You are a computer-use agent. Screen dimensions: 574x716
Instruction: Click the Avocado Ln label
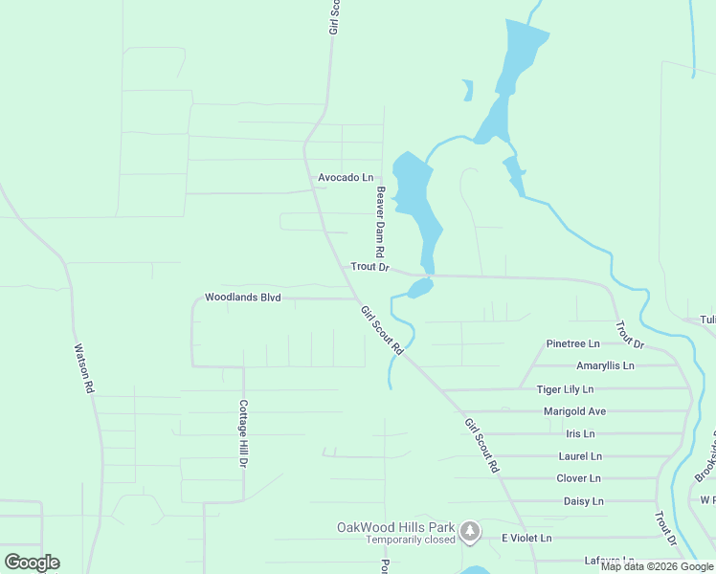346,178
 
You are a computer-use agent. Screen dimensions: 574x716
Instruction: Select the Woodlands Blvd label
242,298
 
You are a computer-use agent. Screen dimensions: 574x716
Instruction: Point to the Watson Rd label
83,369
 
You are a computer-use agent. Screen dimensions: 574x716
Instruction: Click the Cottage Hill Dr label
243,433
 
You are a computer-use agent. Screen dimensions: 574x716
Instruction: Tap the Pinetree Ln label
572,343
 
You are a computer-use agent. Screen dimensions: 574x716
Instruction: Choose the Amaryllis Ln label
605,366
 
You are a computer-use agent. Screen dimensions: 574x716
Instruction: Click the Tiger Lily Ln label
565,389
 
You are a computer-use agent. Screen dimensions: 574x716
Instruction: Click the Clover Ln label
578,478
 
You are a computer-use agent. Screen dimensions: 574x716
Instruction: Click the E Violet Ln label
527,539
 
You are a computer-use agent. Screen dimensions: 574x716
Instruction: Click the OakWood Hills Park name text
396,527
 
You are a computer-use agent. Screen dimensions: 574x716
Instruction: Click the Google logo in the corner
32,563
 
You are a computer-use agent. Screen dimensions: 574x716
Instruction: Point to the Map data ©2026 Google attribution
657,566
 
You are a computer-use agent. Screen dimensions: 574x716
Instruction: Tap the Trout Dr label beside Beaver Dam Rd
369,267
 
